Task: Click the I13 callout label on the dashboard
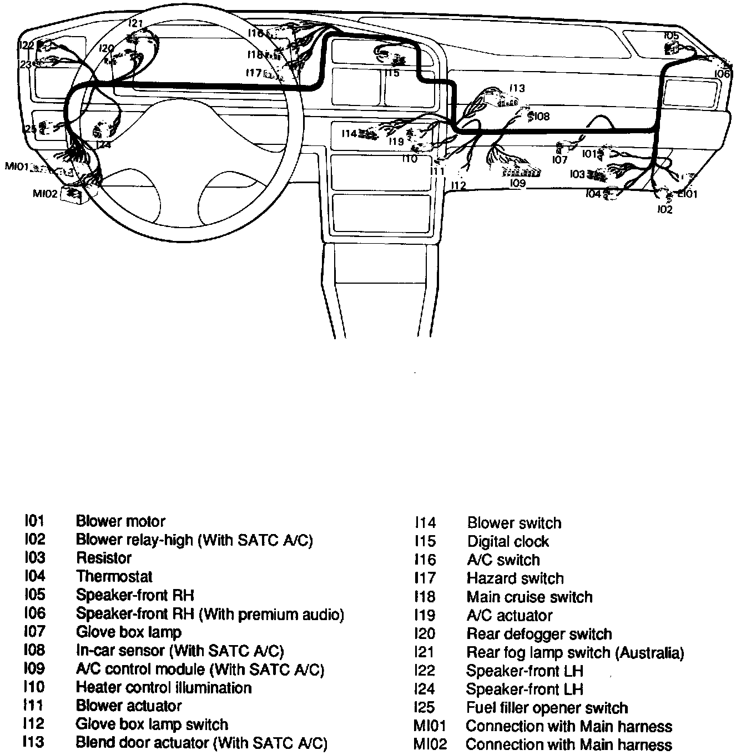(517, 88)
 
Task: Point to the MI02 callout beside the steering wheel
(45, 193)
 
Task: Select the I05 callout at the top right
(671, 36)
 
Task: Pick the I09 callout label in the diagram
(517, 183)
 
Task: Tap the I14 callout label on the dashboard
(349, 133)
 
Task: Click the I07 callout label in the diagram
(559, 160)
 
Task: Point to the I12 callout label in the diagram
(458, 185)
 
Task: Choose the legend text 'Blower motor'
(120, 521)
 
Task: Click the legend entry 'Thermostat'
(114, 576)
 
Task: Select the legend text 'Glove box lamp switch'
(152, 724)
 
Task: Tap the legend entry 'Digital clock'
(508, 541)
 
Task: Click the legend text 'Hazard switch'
(515, 578)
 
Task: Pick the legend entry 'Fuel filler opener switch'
(547, 708)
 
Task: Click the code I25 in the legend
(424, 708)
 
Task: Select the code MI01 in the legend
(430, 726)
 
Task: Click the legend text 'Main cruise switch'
(530, 597)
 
